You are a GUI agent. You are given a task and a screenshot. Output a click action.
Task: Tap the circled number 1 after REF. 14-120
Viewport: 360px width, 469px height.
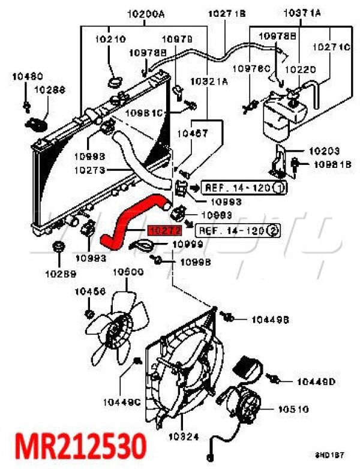tap(278, 188)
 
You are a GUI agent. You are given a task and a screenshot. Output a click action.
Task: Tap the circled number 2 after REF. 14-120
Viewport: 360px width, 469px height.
tap(272, 230)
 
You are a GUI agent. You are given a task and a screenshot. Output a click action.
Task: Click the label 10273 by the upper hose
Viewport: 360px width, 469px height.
tap(90, 170)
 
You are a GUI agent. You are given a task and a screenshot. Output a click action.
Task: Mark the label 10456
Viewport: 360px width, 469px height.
tap(90, 291)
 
